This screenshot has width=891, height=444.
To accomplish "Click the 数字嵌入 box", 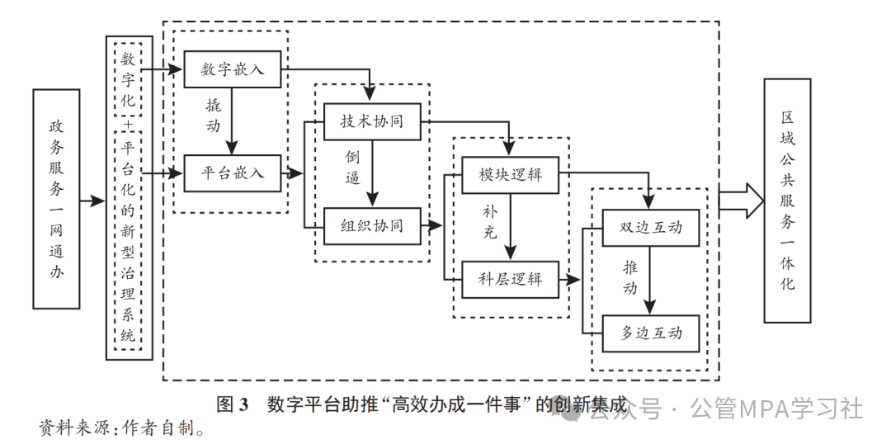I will click(233, 69).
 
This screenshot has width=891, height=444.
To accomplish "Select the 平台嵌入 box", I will click(233, 173).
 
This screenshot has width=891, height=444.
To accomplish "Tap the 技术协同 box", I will click(372, 121).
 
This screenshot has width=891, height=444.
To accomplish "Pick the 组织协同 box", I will click(372, 224).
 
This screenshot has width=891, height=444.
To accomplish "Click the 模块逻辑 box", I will click(510, 174).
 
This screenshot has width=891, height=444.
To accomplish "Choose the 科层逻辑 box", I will click(510, 278).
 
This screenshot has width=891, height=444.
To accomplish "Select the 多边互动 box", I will click(651, 333).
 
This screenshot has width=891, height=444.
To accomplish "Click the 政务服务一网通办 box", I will click(56, 199).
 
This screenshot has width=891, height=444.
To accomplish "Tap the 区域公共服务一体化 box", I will click(787, 201).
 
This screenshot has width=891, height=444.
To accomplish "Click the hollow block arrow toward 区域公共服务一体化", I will click(741, 201).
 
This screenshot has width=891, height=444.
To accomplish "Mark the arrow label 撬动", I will click(214, 116).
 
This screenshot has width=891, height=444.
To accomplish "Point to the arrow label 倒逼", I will click(353, 167).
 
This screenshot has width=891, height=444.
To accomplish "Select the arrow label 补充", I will click(490, 221).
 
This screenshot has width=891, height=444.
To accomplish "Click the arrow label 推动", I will click(630, 277).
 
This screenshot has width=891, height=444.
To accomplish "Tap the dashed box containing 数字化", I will click(128, 81).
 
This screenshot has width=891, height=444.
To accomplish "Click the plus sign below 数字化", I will click(128, 124).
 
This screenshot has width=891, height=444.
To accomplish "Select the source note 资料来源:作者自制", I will click(121, 427).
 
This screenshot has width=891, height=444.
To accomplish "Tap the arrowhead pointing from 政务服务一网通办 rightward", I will click(100, 201).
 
